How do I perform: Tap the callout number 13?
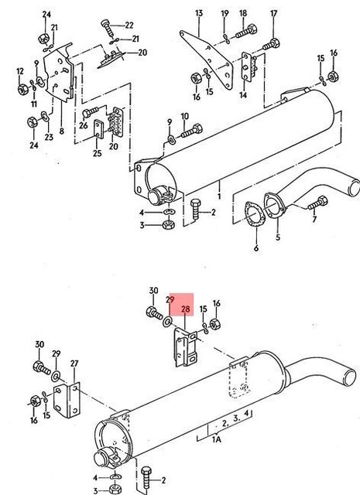[x=198, y=14]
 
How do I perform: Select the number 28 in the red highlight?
[x=186, y=309]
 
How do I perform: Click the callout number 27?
[x=74, y=363]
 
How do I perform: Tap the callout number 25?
[x=97, y=153]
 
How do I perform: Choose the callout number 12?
[x=20, y=72]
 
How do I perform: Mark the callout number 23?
[x=48, y=138]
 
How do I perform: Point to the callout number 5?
[x=277, y=238]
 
